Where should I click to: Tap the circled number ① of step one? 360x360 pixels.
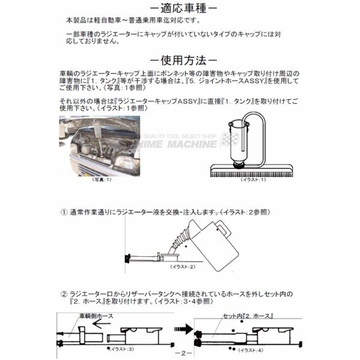click(x=64, y=211)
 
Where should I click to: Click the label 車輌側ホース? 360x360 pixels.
click(x=94, y=316)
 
